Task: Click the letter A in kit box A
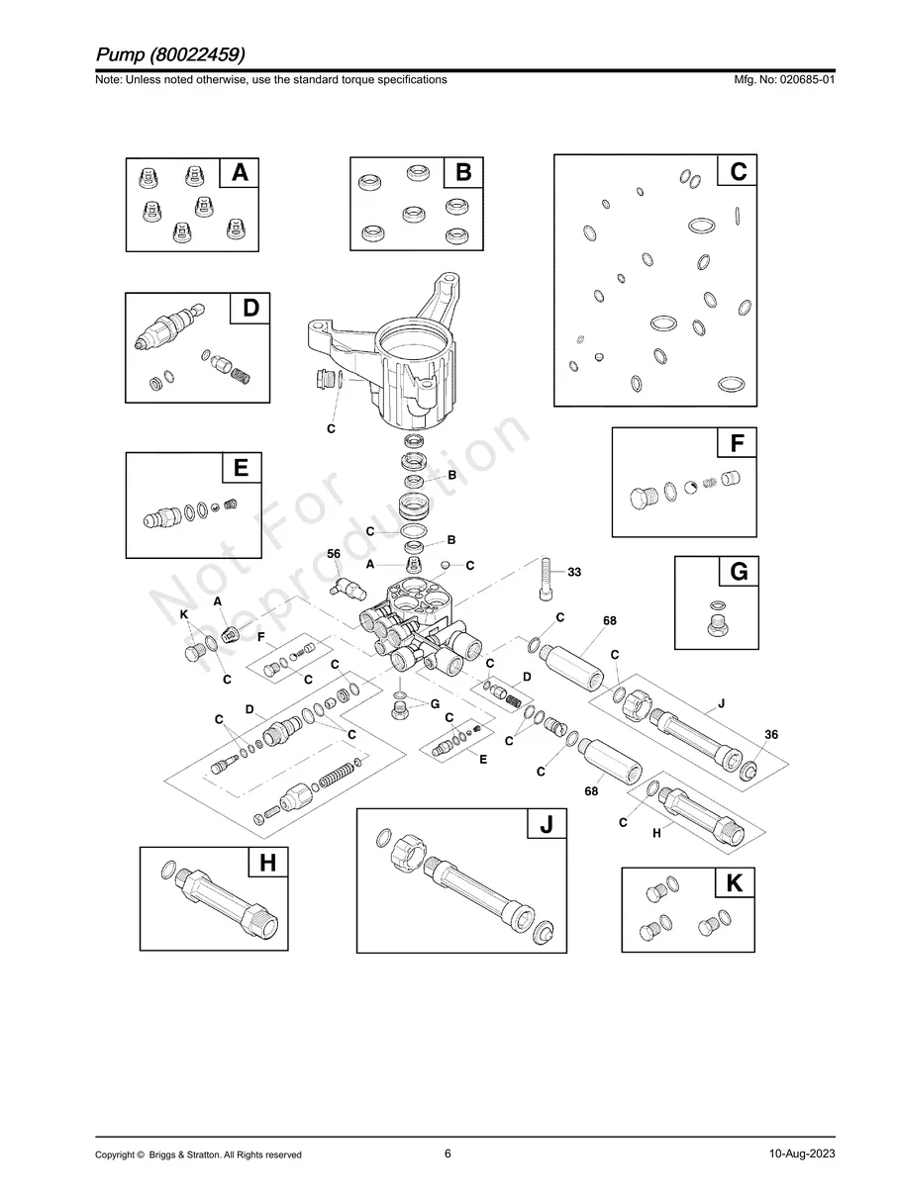240,173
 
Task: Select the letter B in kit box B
463,173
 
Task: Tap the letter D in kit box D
250,309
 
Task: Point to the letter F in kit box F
737,444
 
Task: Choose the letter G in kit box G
739,573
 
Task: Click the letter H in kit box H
267,864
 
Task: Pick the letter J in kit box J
546,824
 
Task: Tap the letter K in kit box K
735,883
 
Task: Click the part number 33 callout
574,572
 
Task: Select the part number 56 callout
334,554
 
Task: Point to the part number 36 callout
771,734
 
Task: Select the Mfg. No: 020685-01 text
781,80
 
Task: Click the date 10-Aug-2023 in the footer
802,1154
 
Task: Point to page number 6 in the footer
448,1153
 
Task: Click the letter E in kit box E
242,468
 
